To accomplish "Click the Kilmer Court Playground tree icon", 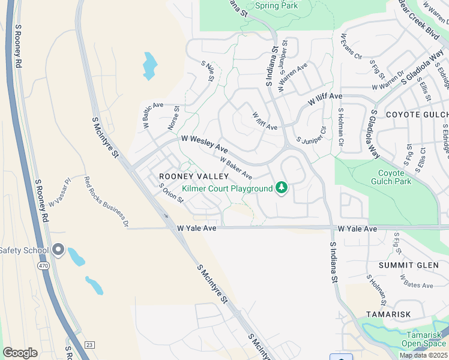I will click(x=282, y=188).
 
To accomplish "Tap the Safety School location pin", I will click(x=58, y=250).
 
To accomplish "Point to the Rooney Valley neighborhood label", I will click(x=194, y=176).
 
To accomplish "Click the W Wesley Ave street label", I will click(x=205, y=143).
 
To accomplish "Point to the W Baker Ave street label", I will click(x=236, y=167).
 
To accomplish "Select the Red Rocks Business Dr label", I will click(x=106, y=202).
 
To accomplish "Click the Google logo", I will click(x=20, y=353).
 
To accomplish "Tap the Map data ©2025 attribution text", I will click(x=423, y=355).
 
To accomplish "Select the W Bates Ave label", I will click(x=417, y=281).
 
